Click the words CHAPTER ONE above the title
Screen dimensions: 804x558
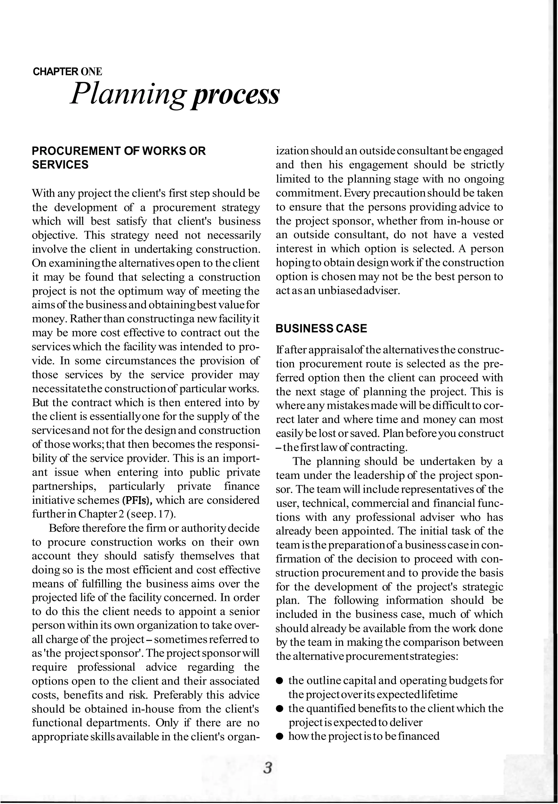[x=67, y=72]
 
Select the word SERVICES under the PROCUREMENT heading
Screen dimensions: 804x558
[x=60, y=165]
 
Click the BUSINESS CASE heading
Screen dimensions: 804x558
[x=321, y=329]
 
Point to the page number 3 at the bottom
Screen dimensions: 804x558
[x=268, y=769]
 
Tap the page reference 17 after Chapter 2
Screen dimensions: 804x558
[x=163, y=514]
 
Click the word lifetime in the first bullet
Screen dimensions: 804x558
[x=439, y=694]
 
